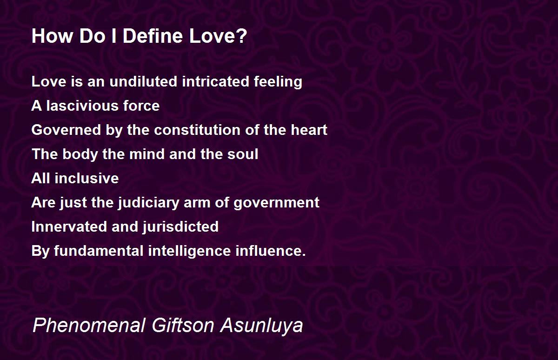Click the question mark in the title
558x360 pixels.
242,36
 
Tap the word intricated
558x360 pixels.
215,81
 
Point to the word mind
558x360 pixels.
147,154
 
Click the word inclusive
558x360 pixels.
86,178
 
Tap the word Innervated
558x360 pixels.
69,227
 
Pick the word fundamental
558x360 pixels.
99,251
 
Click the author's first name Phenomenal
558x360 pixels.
89,325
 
